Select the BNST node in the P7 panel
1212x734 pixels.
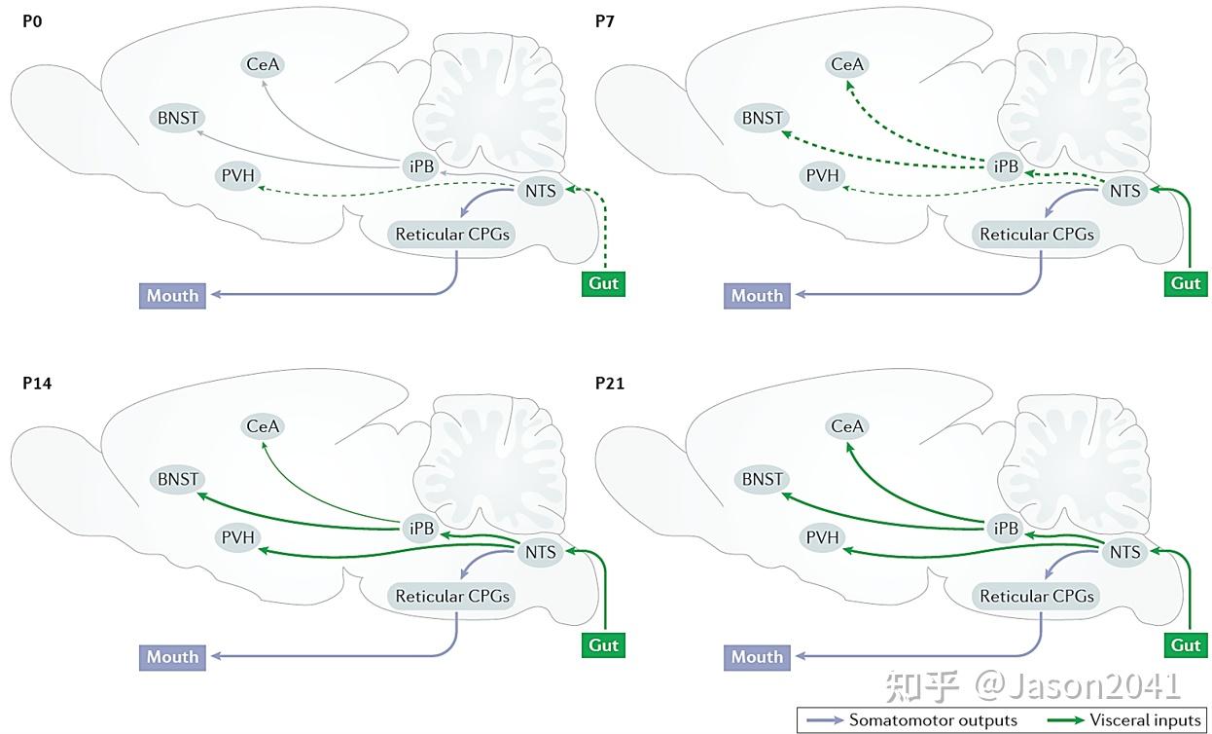[762, 118]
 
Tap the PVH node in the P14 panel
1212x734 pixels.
[236, 536]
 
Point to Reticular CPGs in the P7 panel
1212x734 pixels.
[1036, 235]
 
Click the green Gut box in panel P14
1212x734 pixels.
[603, 644]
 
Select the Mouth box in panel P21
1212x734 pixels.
[757, 657]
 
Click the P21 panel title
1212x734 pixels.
[609, 383]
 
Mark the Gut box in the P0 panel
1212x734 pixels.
[603, 283]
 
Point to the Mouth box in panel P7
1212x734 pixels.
[757, 296]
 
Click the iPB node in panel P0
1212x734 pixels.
[421, 166]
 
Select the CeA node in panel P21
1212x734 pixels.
[846, 426]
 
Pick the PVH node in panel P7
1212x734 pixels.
[823, 176]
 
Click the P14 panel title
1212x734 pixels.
[37, 383]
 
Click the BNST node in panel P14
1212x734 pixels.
[177, 479]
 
